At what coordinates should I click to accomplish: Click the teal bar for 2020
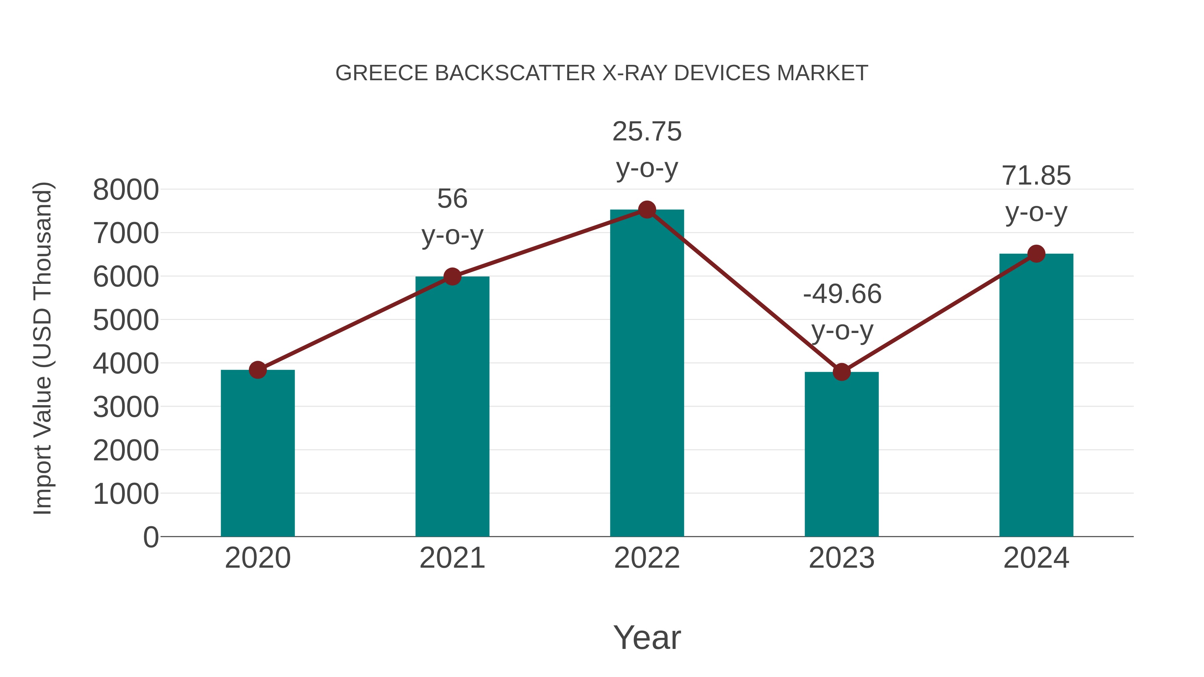tap(258, 453)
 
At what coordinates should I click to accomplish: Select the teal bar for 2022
tap(647, 374)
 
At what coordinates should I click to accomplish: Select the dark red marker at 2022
tap(647, 210)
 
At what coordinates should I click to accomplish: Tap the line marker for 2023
tap(841, 372)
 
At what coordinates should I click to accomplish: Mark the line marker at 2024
tap(1036, 254)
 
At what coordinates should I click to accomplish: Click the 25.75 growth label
tap(647, 132)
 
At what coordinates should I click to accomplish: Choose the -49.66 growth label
tap(842, 294)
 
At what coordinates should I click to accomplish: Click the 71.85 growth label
tap(1036, 176)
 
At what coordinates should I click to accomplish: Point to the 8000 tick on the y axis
tap(126, 190)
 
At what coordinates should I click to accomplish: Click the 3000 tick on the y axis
tap(126, 407)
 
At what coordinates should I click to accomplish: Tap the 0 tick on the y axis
tap(150, 537)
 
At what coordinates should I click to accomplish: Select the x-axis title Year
tap(647, 638)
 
